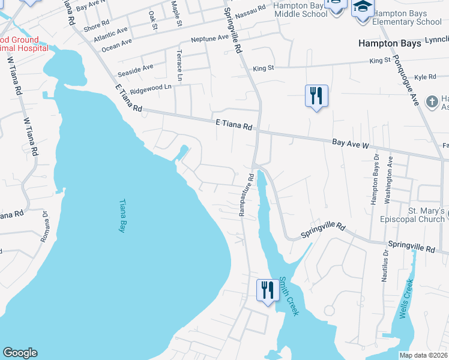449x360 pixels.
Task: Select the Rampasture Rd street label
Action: (x=246, y=195)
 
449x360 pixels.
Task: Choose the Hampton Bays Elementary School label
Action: (x=406, y=18)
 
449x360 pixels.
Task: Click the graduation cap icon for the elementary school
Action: (x=363, y=7)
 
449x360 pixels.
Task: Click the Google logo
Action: (x=20, y=353)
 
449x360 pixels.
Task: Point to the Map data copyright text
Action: (x=424, y=355)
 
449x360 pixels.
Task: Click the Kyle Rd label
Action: (x=424, y=77)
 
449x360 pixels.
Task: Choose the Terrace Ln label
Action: (x=179, y=66)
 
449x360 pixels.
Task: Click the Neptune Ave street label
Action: (x=209, y=38)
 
